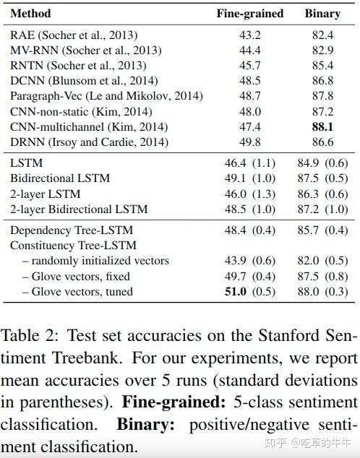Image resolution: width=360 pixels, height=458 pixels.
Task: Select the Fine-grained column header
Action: [250, 13]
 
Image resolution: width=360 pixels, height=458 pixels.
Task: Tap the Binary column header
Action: [322, 13]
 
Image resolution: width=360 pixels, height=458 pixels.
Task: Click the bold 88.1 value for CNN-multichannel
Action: [322, 126]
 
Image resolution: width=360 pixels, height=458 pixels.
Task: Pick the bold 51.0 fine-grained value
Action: [236, 292]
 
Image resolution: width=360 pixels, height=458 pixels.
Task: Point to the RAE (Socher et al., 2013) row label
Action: [74, 35]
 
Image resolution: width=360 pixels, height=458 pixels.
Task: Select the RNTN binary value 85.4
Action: [322, 65]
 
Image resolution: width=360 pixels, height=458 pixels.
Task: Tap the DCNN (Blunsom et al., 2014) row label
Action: [84, 81]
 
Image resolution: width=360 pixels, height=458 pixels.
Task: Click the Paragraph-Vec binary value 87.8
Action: [322, 96]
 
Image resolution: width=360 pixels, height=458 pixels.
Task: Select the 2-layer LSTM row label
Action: [46, 194]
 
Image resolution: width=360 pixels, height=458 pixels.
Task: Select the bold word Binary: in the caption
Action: [144, 424]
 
